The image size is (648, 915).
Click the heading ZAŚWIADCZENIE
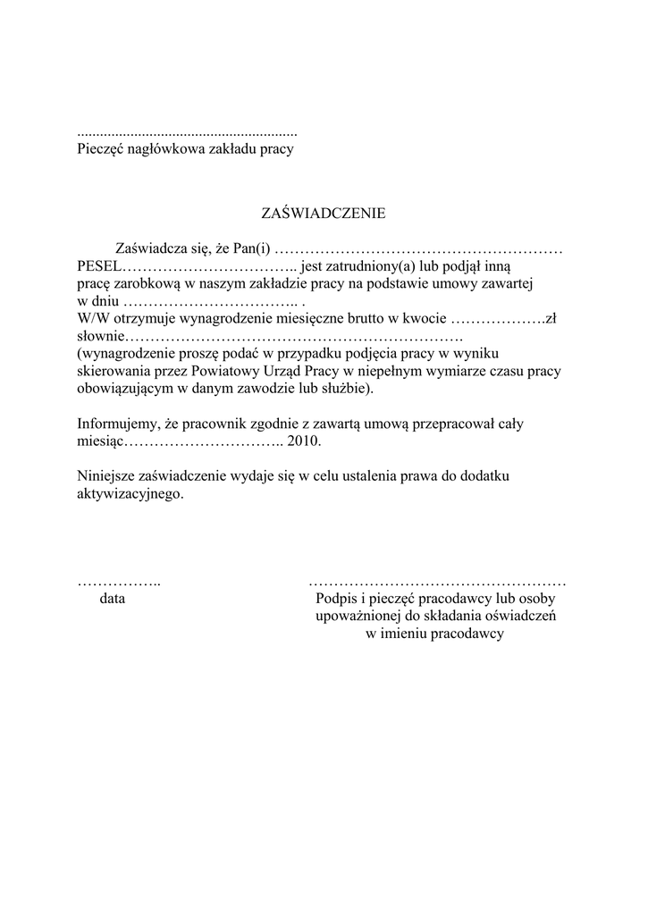323,214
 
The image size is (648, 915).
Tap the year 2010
303,441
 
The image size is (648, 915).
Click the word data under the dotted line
113,600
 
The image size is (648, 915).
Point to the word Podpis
332,600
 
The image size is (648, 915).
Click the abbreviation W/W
92,318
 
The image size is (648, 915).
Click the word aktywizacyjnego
130,493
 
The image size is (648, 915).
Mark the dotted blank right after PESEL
208,267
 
